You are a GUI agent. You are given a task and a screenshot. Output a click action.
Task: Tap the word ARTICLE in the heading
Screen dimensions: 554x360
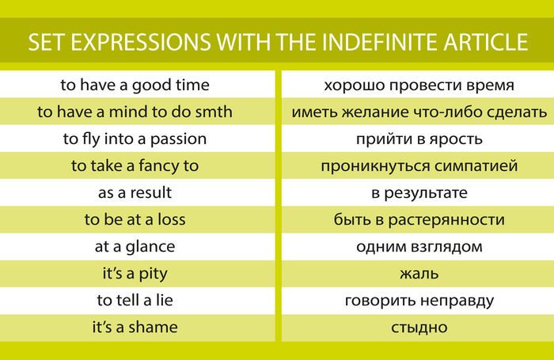pyautogui.click(x=486, y=42)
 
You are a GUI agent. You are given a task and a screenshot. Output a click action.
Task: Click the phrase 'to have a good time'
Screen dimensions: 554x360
pyautogui.click(x=135, y=85)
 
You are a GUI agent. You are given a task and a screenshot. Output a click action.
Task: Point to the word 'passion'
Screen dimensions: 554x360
pyautogui.click(x=178, y=139)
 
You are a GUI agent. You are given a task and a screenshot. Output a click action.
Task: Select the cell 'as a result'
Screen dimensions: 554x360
pyautogui.click(x=135, y=193)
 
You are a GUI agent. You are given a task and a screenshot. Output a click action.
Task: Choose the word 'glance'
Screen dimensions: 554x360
pyautogui.click(x=150, y=247)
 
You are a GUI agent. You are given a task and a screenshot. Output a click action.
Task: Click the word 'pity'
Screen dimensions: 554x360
pyautogui.click(x=153, y=274)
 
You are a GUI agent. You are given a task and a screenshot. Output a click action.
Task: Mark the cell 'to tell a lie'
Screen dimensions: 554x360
pyautogui.click(x=135, y=301)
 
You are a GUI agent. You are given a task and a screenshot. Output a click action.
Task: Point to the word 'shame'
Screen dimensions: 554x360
pyautogui.click(x=153, y=327)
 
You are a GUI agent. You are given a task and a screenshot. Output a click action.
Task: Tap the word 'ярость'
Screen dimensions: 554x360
pyautogui.click(x=456, y=139)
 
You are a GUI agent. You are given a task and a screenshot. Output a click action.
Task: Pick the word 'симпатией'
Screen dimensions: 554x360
pyautogui.click(x=476, y=166)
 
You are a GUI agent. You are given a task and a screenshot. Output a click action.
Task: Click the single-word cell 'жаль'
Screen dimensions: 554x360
pyautogui.click(x=419, y=274)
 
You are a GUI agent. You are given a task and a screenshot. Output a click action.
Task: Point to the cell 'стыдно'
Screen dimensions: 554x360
pyautogui.click(x=419, y=328)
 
